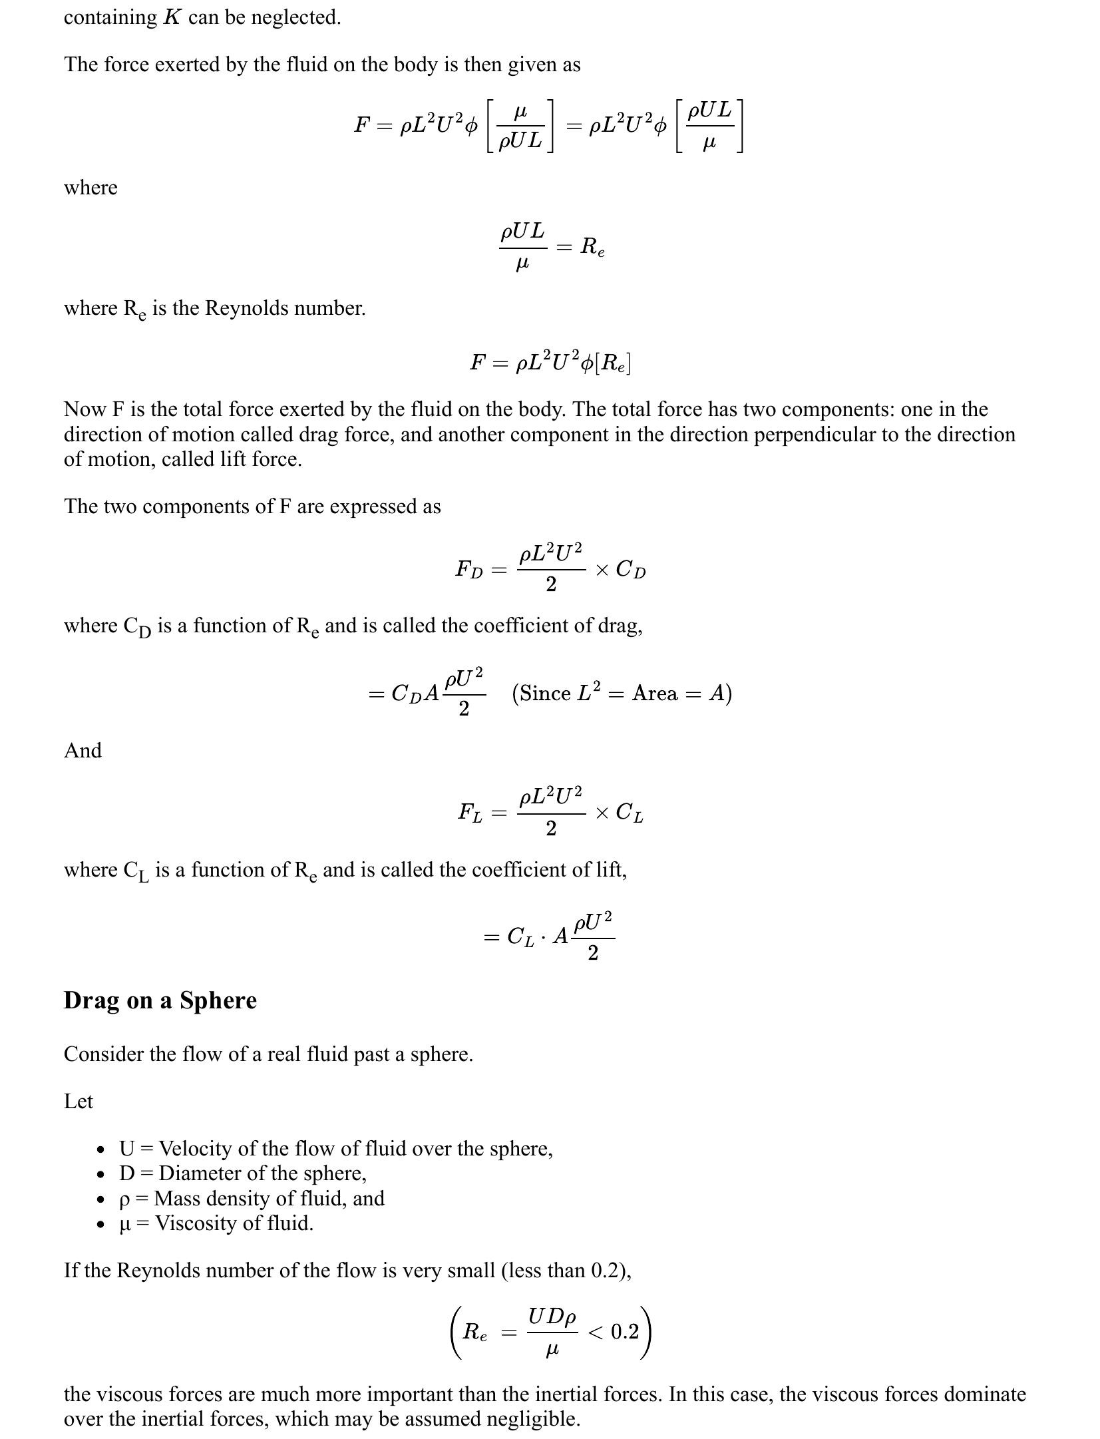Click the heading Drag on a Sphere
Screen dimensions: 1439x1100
click(160, 1000)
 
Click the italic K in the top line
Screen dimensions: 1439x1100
click(172, 17)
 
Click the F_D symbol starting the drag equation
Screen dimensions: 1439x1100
click(469, 570)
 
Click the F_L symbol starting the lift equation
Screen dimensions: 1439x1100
click(470, 813)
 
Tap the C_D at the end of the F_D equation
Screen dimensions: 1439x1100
click(630, 570)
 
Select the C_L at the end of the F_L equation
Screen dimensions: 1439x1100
click(629, 813)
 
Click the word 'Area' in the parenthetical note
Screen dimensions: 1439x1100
click(655, 694)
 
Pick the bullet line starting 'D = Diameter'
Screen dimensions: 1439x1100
click(243, 1173)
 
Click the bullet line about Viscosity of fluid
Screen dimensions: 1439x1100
click(216, 1223)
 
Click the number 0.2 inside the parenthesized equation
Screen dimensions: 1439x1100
click(624, 1331)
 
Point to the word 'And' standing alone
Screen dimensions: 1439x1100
click(83, 751)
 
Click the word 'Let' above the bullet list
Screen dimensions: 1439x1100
click(78, 1101)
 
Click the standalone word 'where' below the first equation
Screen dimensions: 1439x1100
click(91, 188)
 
